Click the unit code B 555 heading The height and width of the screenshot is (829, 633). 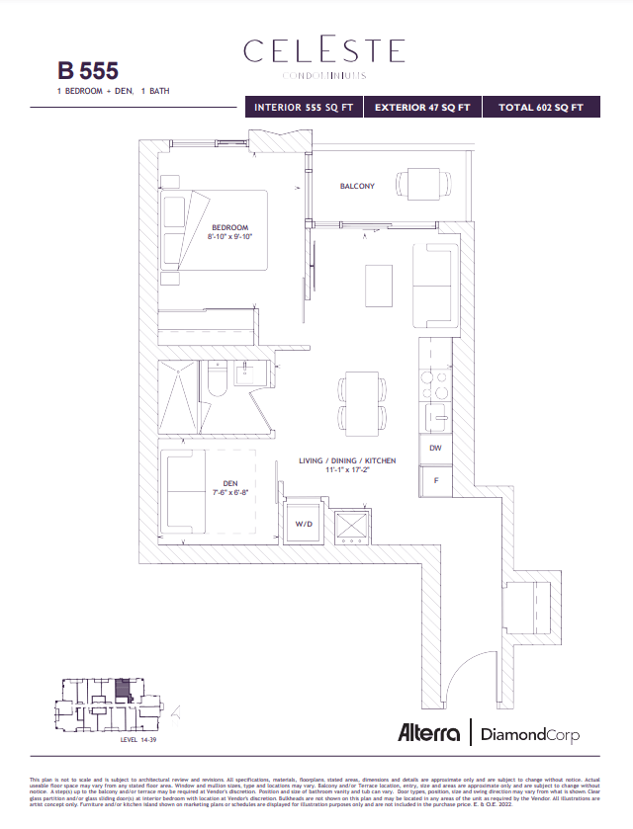(x=88, y=70)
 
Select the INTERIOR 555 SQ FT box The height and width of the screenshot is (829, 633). (x=304, y=107)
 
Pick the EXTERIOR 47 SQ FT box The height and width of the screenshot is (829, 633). (x=422, y=107)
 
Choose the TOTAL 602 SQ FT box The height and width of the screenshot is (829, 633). (x=541, y=107)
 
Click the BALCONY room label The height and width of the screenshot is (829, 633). (x=357, y=186)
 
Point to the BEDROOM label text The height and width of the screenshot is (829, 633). (x=229, y=227)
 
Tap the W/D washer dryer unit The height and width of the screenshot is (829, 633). (x=303, y=524)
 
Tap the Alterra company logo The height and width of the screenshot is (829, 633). (x=429, y=733)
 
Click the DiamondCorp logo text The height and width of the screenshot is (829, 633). (x=529, y=734)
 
